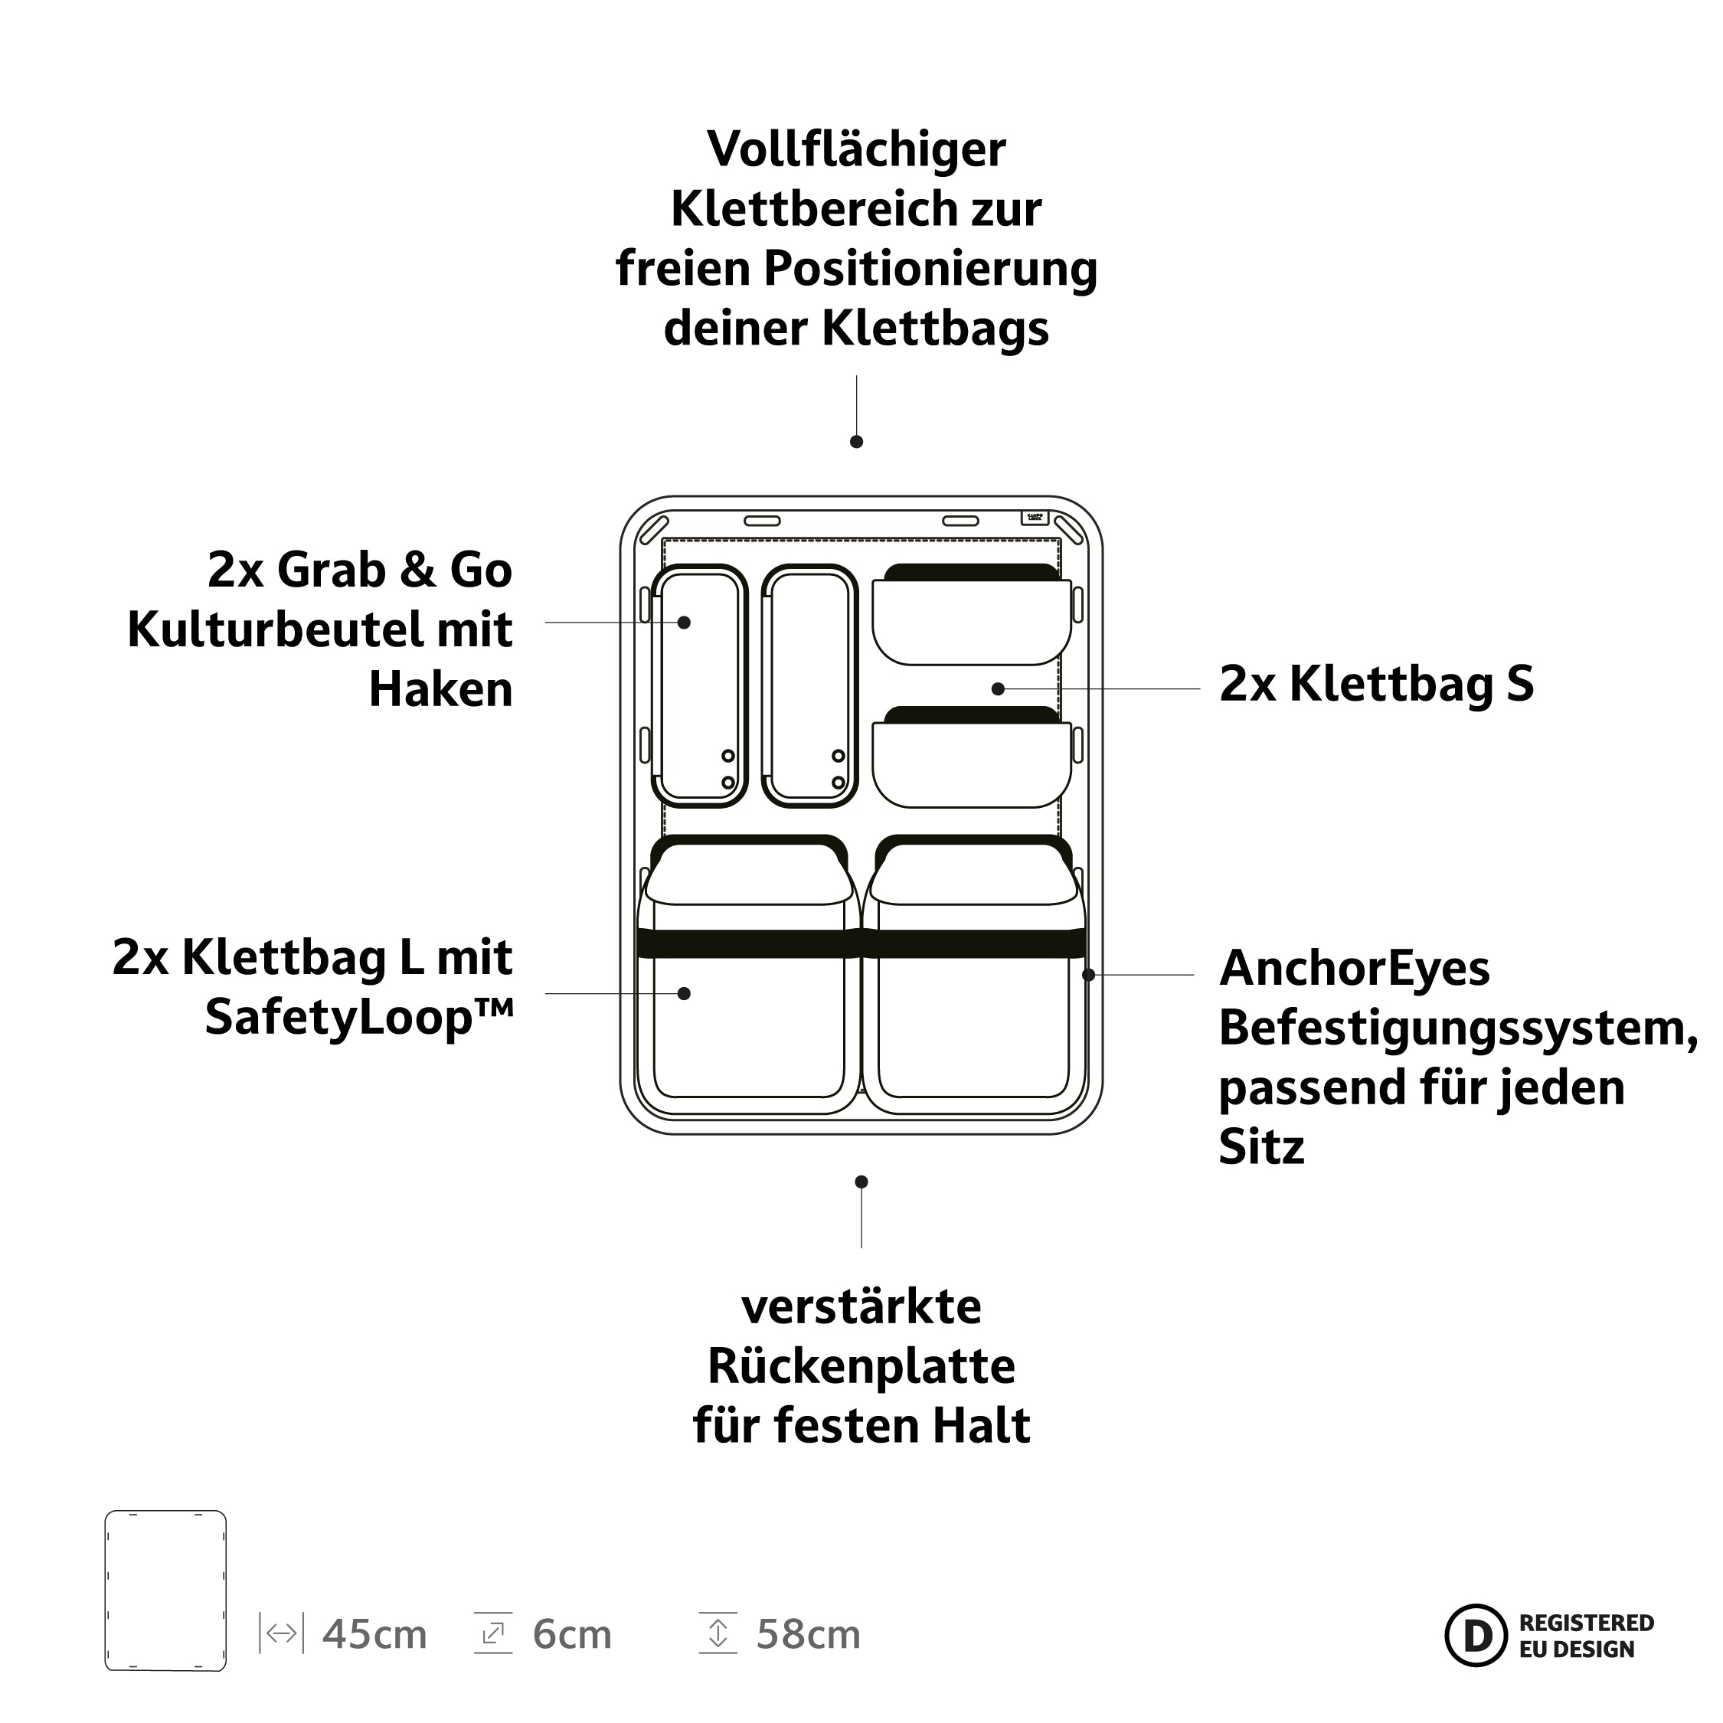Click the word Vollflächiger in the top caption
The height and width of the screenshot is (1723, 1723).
856,149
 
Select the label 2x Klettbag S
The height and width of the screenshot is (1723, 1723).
1376,684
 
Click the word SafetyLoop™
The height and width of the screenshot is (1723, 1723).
359,1018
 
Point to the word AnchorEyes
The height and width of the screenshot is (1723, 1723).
1354,969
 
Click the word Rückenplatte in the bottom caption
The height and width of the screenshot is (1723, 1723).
861,1366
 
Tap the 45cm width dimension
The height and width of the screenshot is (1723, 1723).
374,1635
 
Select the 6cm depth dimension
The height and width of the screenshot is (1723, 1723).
572,1635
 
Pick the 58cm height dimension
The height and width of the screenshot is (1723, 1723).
808,1635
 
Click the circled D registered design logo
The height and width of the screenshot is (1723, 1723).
1477,1636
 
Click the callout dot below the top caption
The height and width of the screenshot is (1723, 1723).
856,441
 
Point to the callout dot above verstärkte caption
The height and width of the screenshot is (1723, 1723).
861,1182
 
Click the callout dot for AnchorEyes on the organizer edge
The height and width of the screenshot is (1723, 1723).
1088,975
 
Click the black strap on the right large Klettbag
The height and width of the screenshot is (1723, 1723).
975,943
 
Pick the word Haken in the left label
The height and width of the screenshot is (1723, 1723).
440,689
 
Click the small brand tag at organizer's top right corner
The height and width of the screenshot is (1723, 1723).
1035,517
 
